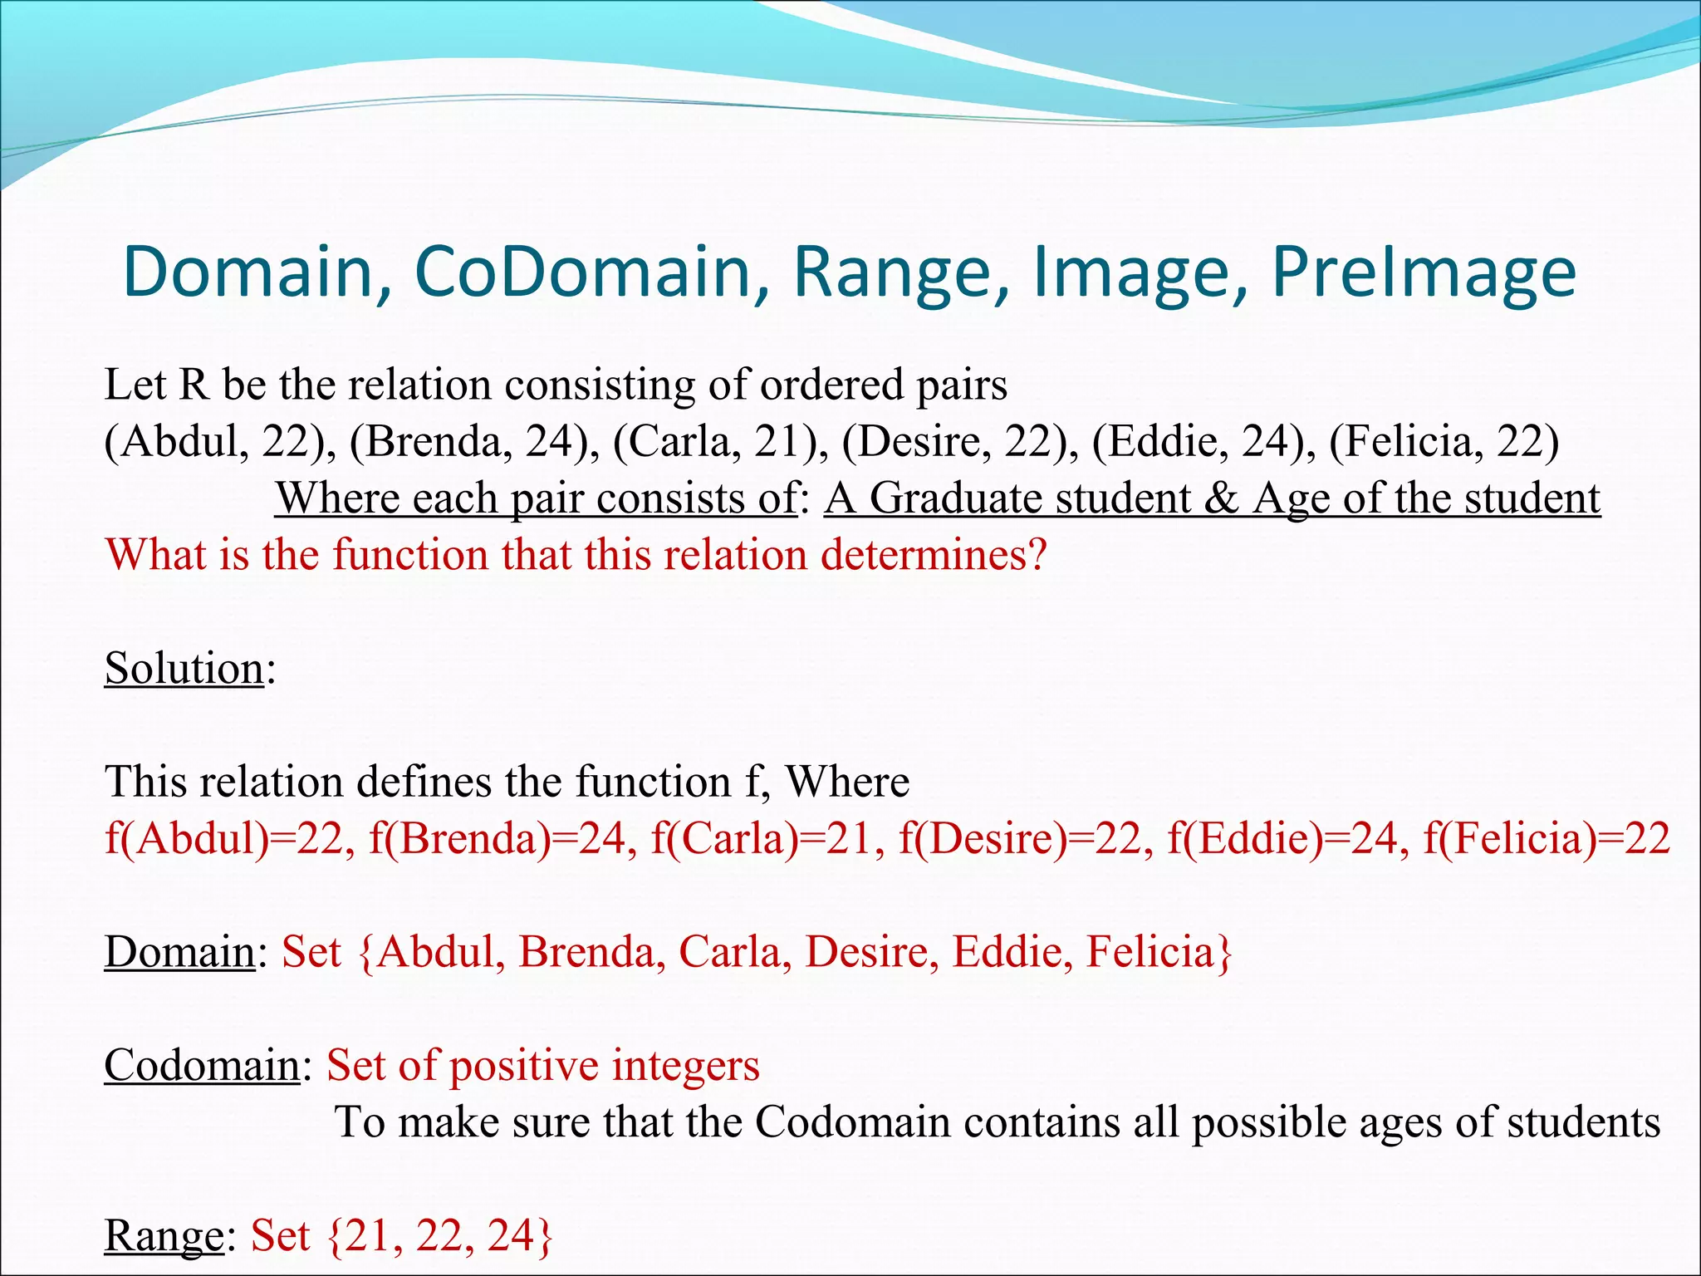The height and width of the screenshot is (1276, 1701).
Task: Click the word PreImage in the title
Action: pyautogui.click(x=1424, y=272)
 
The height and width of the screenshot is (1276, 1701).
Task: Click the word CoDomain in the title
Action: pyautogui.click(x=582, y=272)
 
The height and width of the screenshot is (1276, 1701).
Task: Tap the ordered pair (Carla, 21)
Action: pyautogui.click(x=720, y=441)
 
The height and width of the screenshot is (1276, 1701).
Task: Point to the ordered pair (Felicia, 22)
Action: pyautogui.click(x=1444, y=441)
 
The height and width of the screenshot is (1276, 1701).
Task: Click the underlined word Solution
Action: pyautogui.click(x=184, y=668)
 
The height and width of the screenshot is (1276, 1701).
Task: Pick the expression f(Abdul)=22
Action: pyautogui.click(x=225, y=838)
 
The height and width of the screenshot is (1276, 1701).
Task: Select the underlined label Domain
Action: pyautogui.click(x=179, y=951)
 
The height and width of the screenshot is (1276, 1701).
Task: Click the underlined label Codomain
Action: pyautogui.click(x=202, y=1065)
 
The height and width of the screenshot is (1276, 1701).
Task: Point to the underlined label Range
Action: pyautogui.click(x=164, y=1235)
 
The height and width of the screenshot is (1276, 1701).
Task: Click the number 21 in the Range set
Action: pyautogui.click(x=368, y=1235)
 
